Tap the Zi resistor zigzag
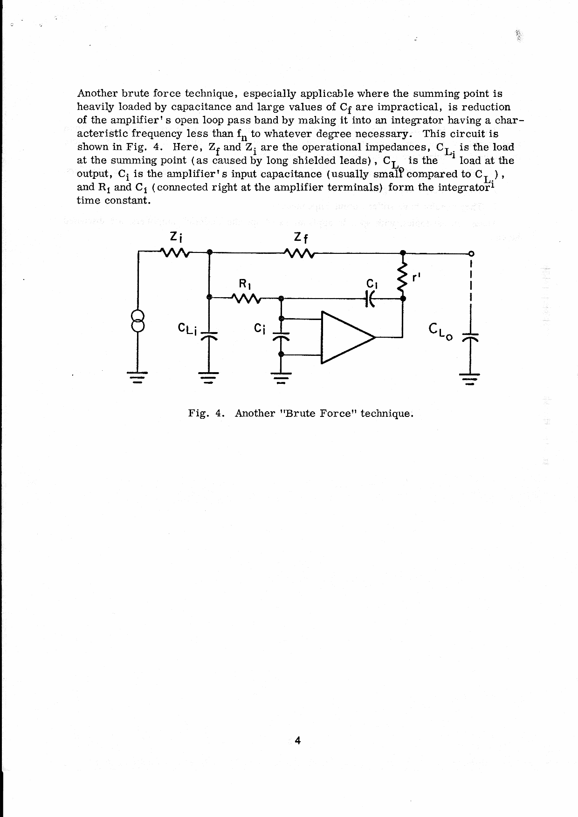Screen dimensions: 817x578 click(x=174, y=253)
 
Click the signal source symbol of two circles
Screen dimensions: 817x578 click(x=138, y=320)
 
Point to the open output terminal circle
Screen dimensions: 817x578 click(x=471, y=253)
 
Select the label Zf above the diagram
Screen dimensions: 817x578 click(x=301, y=238)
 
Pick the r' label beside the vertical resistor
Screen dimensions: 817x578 click(x=416, y=276)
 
